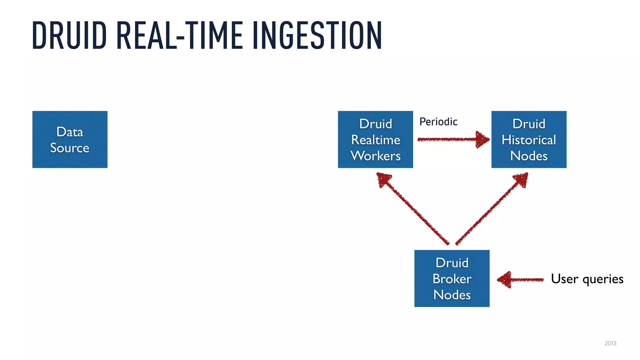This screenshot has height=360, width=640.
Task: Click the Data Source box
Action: click(70, 139)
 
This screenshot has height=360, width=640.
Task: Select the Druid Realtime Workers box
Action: click(375, 139)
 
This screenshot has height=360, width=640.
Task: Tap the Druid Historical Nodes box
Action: click(529, 139)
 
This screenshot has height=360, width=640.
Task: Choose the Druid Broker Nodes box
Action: click(452, 278)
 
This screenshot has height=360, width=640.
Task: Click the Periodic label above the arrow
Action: click(438, 122)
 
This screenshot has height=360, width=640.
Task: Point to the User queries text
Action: click(587, 279)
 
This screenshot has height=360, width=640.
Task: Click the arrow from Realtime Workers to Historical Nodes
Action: click(450, 139)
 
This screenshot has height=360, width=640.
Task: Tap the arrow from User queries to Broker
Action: click(520, 280)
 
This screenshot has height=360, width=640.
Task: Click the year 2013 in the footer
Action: click(610, 343)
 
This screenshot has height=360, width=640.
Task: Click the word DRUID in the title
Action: click(69, 35)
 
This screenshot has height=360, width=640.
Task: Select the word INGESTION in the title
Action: click(317, 35)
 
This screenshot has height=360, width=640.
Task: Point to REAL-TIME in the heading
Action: click(180, 35)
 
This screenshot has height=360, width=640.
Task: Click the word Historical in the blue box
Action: click(529, 140)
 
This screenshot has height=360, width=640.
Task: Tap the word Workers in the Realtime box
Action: click(375, 156)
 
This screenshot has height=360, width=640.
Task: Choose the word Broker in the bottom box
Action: click(452, 279)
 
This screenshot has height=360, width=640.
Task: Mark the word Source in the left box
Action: click(70, 147)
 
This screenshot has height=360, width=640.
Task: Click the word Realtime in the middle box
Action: click(375, 140)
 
